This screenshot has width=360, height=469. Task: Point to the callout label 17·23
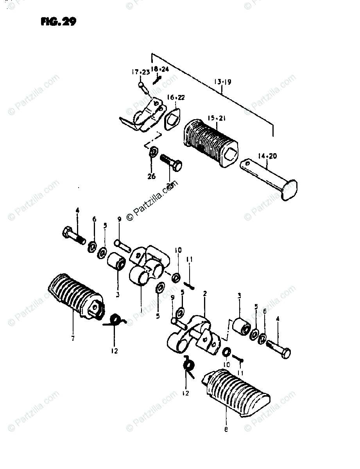140,72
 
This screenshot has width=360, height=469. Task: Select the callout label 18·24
161,70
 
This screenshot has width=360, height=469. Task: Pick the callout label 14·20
267,156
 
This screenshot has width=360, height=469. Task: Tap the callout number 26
152,176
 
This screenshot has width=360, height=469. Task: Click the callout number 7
73,338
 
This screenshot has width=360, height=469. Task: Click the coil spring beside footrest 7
115,320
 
